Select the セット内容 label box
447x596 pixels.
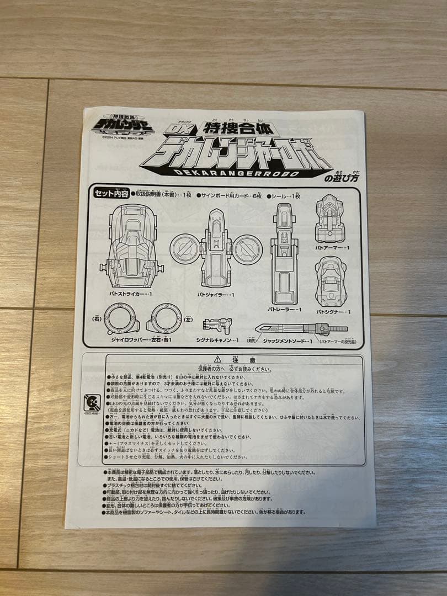[110, 193]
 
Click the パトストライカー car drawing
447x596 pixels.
[132, 246]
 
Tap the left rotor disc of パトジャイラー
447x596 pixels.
[184, 249]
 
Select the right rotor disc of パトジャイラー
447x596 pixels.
[248, 249]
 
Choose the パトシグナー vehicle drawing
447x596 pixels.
[331, 281]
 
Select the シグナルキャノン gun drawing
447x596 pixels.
[217, 325]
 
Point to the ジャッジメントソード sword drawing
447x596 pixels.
[301, 329]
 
